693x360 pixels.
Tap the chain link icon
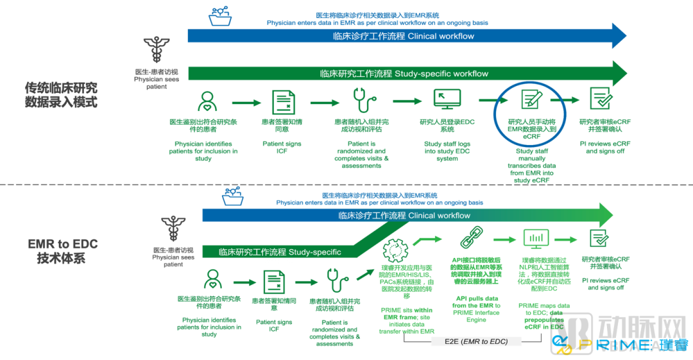pyautogui.click(x=472, y=237)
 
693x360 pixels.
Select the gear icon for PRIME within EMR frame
pyautogui.click(x=395, y=250)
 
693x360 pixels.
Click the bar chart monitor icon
pyautogui.click(x=536, y=239)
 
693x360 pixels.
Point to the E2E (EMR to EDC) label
pyautogui.click(x=476, y=341)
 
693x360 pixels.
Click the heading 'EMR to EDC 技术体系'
pyautogui.click(x=62, y=251)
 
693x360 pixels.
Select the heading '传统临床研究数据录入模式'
pyautogui.click(x=61, y=94)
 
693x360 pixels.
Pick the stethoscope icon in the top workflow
pyautogui.click(x=364, y=100)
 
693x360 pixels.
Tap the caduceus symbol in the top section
pyautogui.click(x=156, y=49)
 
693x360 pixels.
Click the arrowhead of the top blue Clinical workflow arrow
pyautogui.click(x=619, y=36)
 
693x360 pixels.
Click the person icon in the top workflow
pyautogui.click(x=207, y=102)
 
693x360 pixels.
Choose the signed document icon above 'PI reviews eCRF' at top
pyautogui.click(x=601, y=98)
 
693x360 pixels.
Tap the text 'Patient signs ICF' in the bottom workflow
pyautogui.click(x=274, y=325)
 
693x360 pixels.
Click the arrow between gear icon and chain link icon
pyautogui.click(x=427, y=241)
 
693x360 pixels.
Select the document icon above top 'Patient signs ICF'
pyautogui.click(x=284, y=103)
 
